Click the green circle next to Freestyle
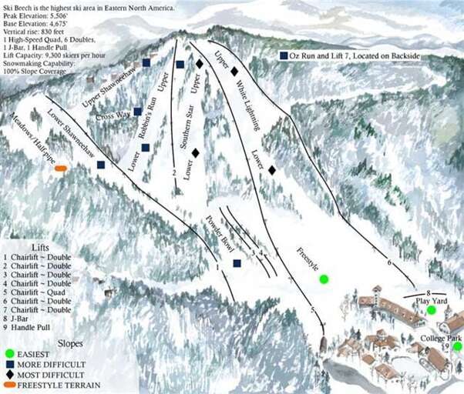coord(324,279)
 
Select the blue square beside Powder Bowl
coord(237,263)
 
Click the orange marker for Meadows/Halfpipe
coord(61,168)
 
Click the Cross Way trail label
coord(113,115)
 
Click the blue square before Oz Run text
coord(284,56)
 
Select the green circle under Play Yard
coord(432,310)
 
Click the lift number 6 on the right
coord(390,262)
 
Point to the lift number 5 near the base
coord(313,309)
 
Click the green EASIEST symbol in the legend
coord(8,352)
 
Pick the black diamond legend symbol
coord(8,373)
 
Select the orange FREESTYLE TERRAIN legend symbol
coord(9,383)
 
